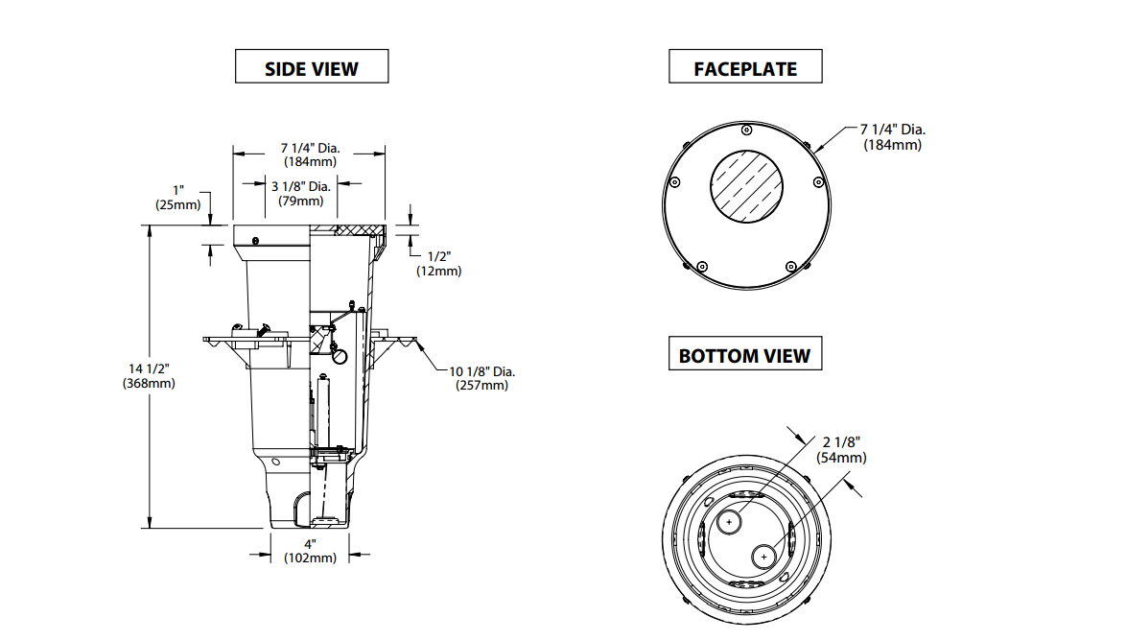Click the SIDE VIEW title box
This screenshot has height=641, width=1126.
312,68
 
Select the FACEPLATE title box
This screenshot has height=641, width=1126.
745,68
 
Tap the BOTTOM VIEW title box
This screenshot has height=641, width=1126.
744,355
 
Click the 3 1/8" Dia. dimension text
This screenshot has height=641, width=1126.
300,193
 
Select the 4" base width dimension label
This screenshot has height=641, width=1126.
310,551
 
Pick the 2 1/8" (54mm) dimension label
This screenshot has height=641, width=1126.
841,449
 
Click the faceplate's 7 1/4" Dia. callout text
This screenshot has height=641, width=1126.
892,136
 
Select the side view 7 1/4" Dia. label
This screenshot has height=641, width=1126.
309,154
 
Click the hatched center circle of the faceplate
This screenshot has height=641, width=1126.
747,186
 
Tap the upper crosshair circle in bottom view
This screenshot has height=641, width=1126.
731,523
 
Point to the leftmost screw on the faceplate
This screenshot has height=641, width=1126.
674,182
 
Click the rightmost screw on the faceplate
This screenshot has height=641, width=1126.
818,181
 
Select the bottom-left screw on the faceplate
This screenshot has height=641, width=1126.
702,265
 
